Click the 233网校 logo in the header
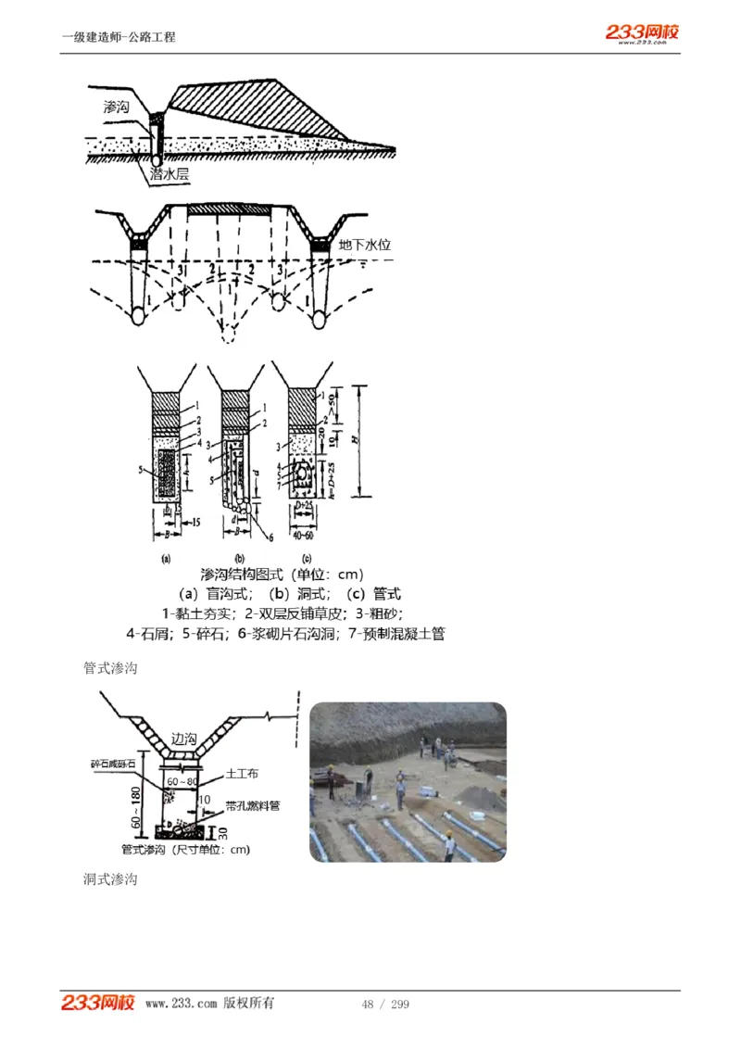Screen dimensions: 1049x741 (x=642, y=33)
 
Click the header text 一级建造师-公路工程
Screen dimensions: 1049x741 (x=119, y=37)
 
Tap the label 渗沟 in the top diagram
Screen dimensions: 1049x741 (x=118, y=107)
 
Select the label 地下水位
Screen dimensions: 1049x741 (x=365, y=246)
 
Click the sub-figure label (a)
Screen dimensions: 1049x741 (x=167, y=559)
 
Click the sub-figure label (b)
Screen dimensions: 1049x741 (x=239, y=559)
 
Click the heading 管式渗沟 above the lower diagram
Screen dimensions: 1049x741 (x=110, y=668)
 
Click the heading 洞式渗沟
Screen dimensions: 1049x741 (x=110, y=878)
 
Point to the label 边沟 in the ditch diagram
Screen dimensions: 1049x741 (x=184, y=739)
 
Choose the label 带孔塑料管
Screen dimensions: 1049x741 (x=252, y=806)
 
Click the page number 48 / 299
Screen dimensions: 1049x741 (x=385, y=1005)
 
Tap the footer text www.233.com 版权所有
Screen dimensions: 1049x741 (x=209, y=1004)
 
